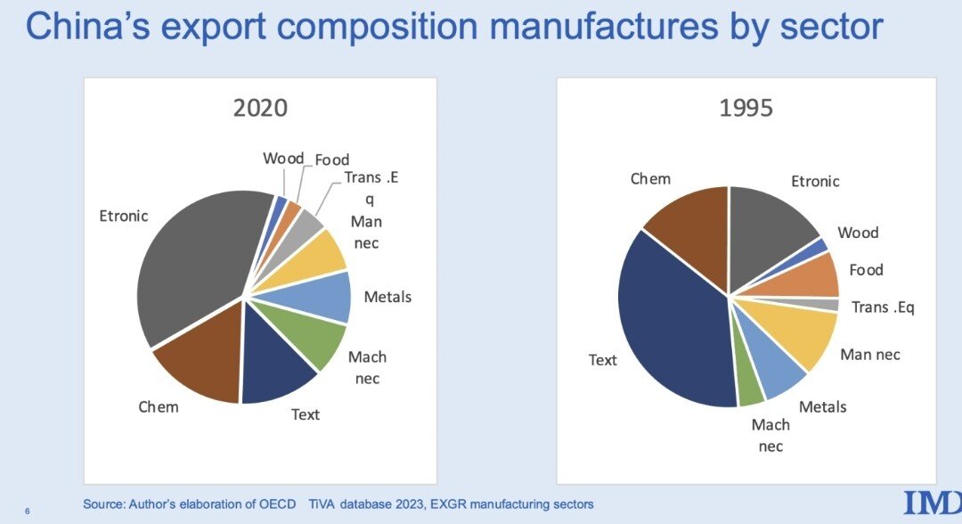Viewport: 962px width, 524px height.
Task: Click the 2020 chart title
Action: click(260, 109)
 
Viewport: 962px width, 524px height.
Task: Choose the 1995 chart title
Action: click(746, 109)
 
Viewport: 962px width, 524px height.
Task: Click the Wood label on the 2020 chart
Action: click(283, 159)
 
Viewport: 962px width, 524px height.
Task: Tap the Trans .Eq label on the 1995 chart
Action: click(883, 307)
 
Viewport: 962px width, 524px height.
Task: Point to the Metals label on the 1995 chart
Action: click(822, 407)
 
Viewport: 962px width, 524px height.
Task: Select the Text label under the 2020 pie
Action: click(306, 414)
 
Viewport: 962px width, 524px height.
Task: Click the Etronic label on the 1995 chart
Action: click(815, 182)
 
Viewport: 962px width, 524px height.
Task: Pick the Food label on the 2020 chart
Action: click(332, 160)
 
